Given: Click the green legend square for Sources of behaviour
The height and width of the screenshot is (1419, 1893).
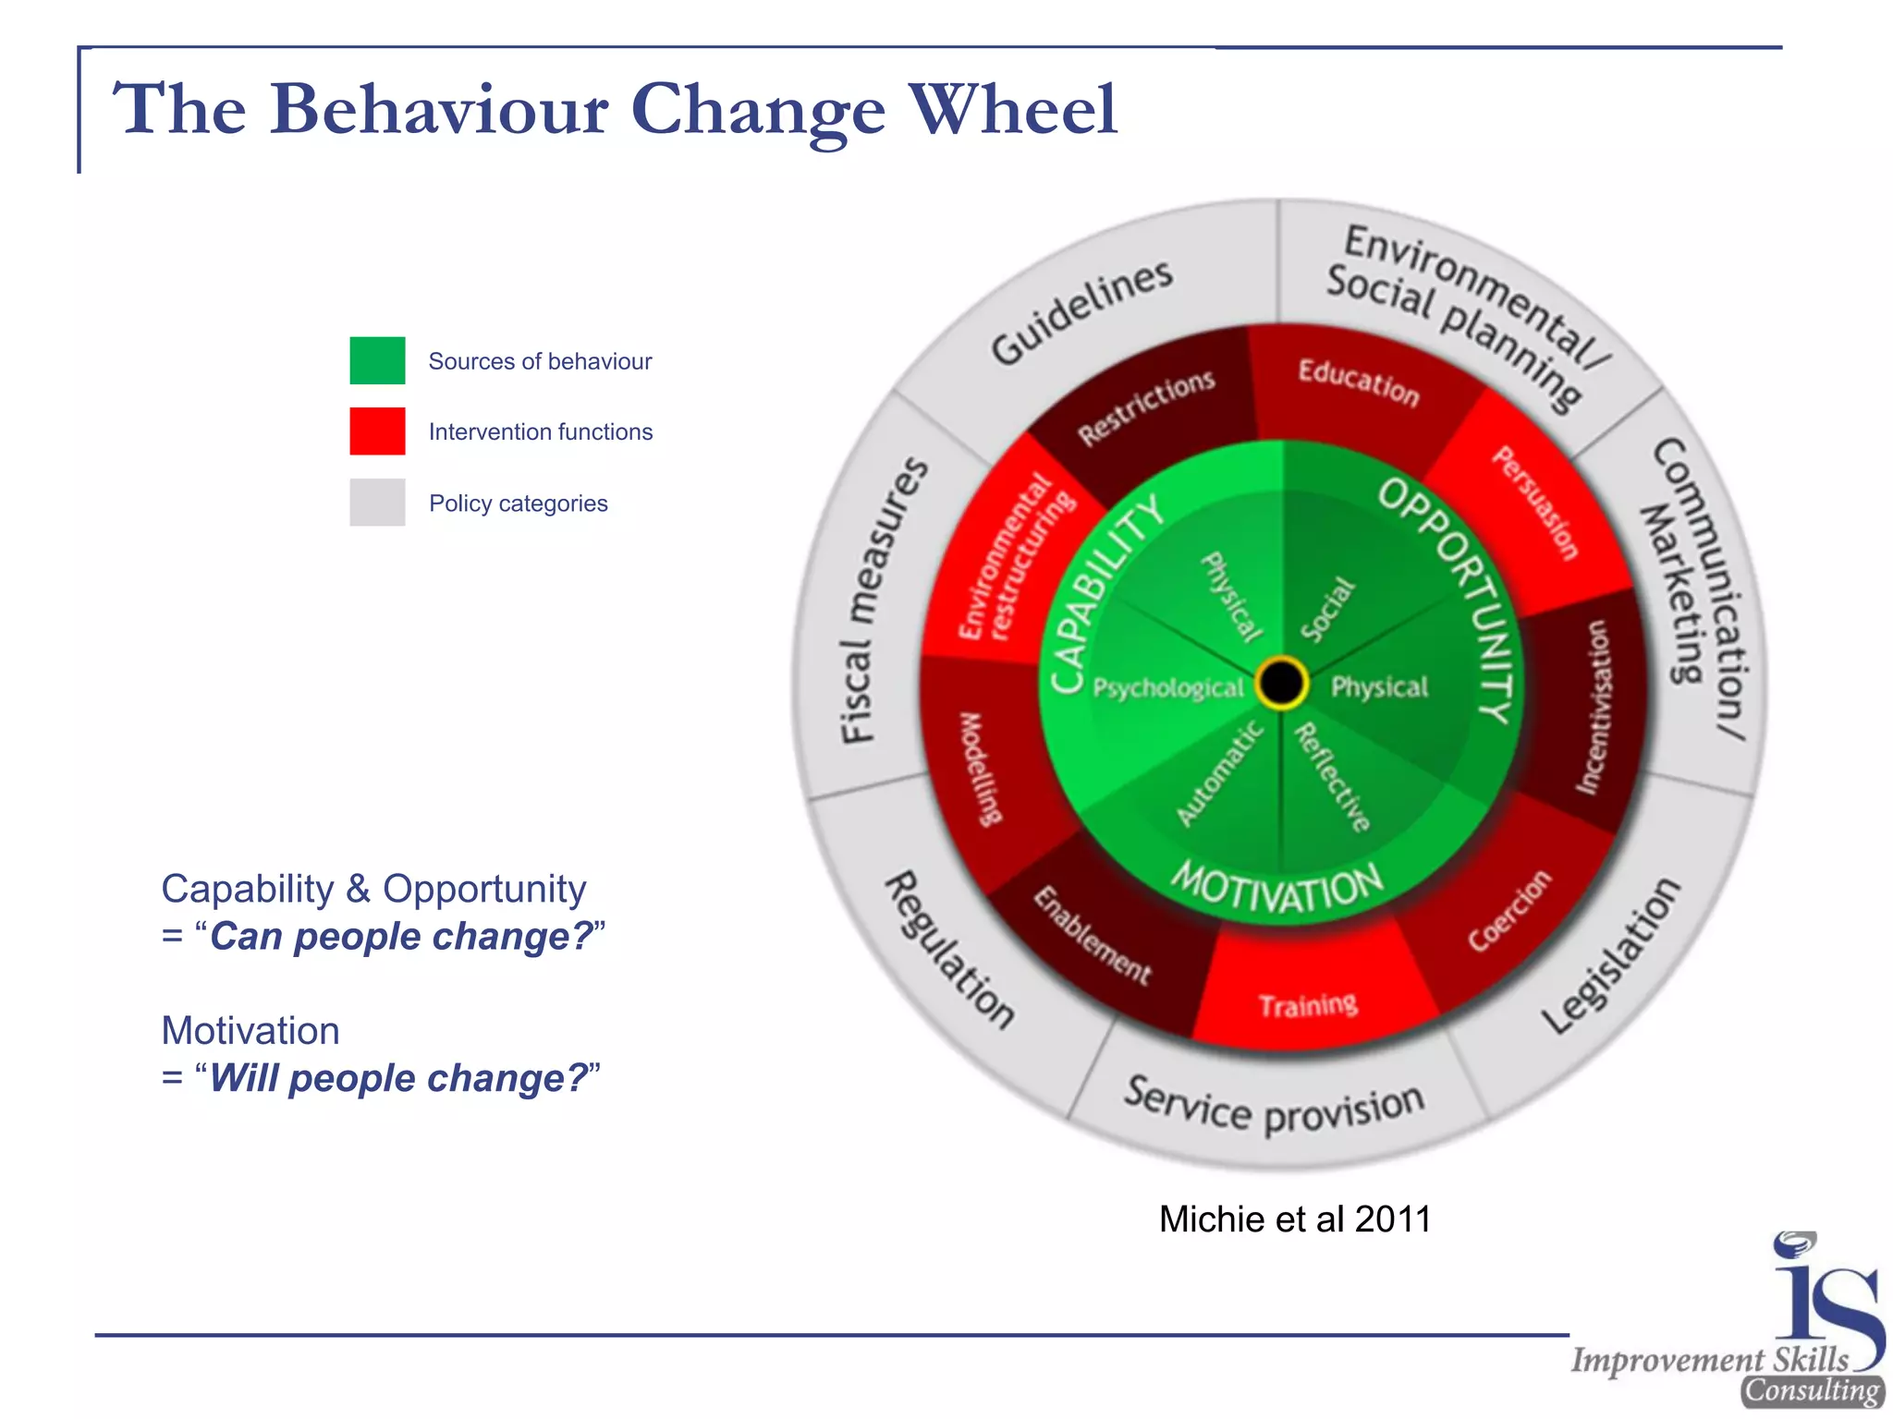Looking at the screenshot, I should click(x=377, y=360).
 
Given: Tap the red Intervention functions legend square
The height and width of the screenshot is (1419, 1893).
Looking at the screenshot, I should click(x=377, y=431).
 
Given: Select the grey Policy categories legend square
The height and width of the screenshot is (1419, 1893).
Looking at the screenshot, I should click(x=377, y=503).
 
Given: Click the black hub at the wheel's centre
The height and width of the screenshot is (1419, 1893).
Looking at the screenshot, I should click(x=1281, y=684).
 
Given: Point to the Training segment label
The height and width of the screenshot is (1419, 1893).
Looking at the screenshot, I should click(x=1308, y=1004).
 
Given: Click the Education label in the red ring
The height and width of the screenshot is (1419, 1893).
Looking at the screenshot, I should click(x=1358, y=382).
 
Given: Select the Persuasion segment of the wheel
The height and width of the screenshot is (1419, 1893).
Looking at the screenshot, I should click(x=1535, y=503).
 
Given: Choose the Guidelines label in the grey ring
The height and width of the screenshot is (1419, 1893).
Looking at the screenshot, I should click(x=1081, y=311).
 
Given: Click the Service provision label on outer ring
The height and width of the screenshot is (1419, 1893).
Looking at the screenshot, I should click(x=1274, y=1108).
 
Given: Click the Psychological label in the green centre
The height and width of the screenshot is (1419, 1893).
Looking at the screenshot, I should click(x=1168, y=688).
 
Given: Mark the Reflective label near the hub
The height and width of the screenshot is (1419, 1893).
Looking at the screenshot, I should click(x=1332, y=777).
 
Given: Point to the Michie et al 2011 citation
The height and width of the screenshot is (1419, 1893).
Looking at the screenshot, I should click(x=1294, y=1219).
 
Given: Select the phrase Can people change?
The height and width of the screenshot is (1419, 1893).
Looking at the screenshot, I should click(x=401, y=937).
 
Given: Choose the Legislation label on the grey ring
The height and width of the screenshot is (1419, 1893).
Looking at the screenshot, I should click(x=1610, y=956).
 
